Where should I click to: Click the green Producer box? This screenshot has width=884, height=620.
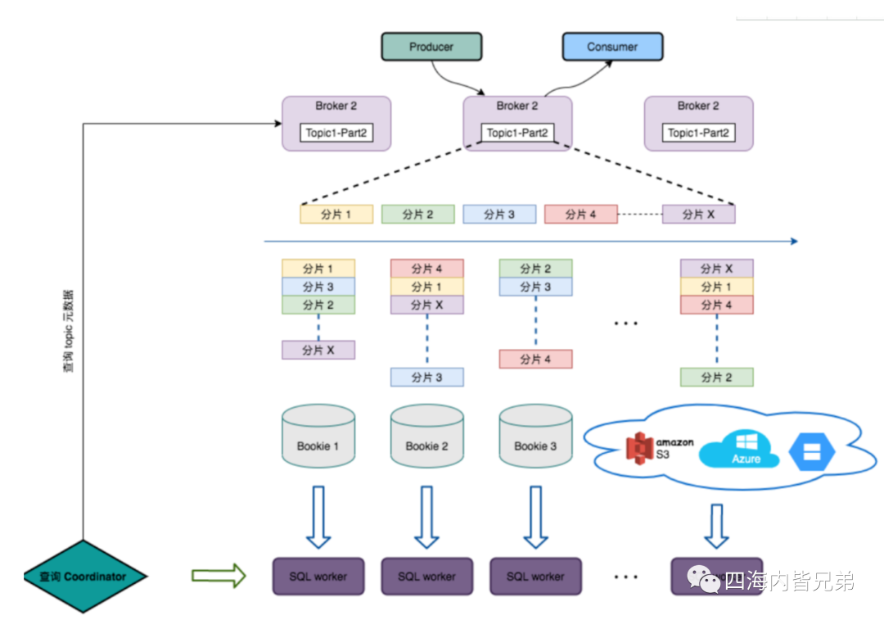[x=431, y=47]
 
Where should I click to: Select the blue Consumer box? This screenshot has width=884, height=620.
[x=612, y=47]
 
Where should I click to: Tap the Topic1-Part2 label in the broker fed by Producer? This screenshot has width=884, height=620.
[x=517, y=133]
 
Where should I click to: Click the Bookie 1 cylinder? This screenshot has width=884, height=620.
[x=318, y=439]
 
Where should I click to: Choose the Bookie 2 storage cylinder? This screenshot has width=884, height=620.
[x=427, y=439]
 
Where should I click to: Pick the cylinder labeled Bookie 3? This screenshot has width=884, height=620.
[x=535, y=439]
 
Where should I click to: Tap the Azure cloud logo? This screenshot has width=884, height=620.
[x=741, y=450]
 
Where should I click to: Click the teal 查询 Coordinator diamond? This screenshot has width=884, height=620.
[x=83, y=577]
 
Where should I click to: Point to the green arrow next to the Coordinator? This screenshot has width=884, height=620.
[x=219, y=576]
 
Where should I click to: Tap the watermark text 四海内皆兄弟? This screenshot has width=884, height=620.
[x=789, y=581]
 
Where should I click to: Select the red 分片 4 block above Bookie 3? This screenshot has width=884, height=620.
[x=535, y=359]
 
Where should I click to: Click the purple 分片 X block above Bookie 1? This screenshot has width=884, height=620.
[x=318, y=350]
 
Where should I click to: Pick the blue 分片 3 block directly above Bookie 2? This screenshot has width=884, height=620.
[x=427, y=377]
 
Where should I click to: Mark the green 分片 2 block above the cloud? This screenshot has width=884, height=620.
[x=716, y=377]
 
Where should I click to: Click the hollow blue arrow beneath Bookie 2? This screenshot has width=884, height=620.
[x=426, y=517]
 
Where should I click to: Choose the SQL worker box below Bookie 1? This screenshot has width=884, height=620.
[x=318, y=577]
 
